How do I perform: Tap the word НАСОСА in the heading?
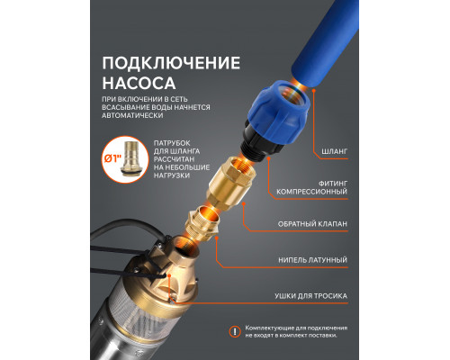pos(134,87)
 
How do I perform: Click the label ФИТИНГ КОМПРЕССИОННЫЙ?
pos(315,192)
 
